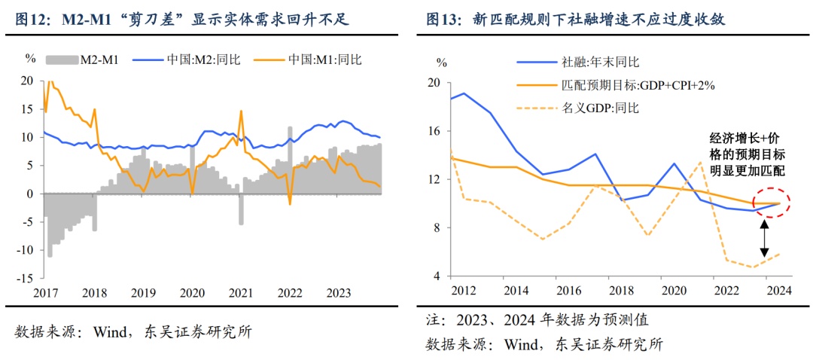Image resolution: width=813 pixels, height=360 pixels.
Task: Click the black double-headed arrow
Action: [x=764, y=239]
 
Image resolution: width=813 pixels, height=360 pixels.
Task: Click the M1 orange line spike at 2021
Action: [x=241, y=111]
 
